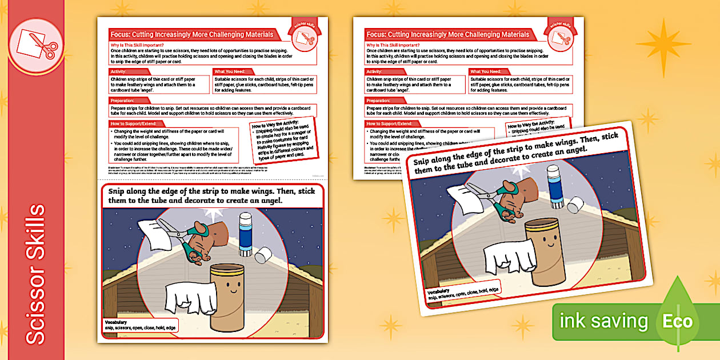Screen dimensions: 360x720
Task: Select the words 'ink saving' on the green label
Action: [x=604, y=321]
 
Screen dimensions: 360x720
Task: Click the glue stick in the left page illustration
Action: [x=246, y=233]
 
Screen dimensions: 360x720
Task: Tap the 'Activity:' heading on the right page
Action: [x=378, y=71]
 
